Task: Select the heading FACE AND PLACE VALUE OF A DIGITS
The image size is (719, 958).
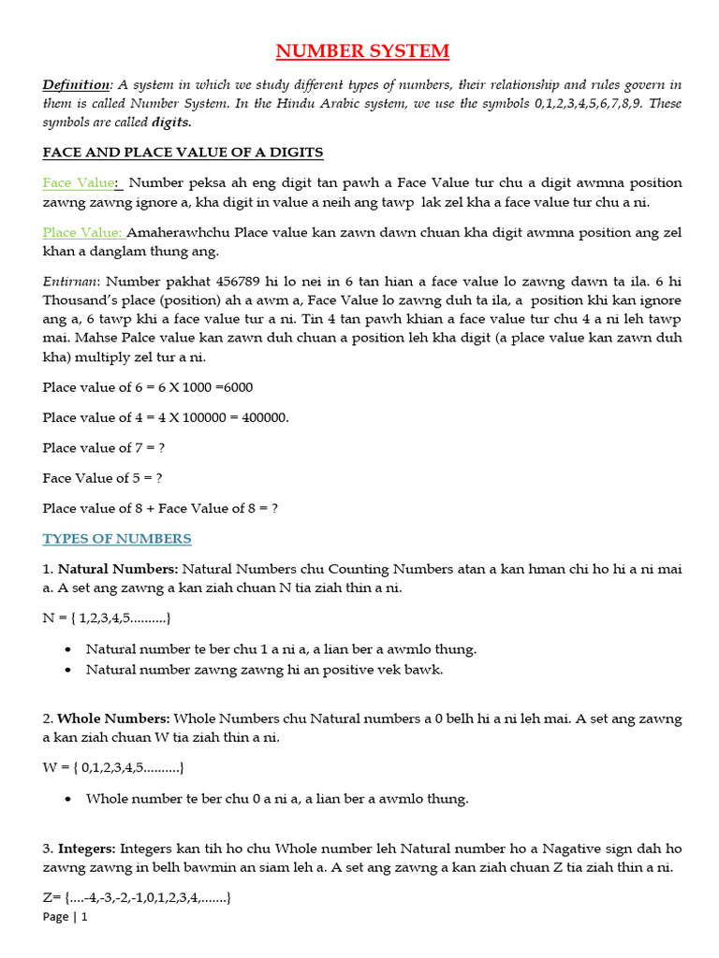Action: click(x=183, y=152)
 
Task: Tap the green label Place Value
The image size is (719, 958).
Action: click(x=82, y=232)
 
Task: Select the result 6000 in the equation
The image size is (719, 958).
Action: click(x=234, y=387)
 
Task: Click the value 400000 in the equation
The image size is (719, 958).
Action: click(x=265, y=417)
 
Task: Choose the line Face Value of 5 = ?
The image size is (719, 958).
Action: click(x=102, y=478)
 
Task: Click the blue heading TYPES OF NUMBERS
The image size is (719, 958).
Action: click(x=117, y=539)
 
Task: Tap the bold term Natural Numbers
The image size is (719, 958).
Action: click(x=117, y=568)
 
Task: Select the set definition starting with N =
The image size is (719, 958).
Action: click(x=107, y=618)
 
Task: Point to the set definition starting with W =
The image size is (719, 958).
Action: click(x=112, y=768)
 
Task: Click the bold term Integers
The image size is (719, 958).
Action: click(x=86, y=849)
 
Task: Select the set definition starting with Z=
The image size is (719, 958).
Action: click(x=137, y=898)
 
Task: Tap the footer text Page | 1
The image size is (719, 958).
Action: click(x=65, y=918)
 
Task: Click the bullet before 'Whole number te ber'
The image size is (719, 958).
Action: click(x=71, y=799)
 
